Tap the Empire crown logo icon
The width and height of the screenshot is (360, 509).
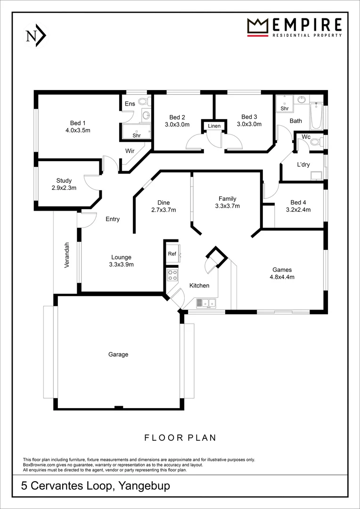257,27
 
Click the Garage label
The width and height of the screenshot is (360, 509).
118,354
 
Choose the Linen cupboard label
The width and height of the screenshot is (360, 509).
214,126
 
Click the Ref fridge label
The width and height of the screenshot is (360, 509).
172,254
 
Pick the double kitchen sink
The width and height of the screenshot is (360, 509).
205,303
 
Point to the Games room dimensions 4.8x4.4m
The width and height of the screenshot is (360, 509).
283,277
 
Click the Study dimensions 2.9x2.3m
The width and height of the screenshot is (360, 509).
64,187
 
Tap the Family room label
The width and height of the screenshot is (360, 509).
227,198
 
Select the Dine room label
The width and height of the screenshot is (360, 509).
164,203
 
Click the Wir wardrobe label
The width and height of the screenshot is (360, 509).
131,151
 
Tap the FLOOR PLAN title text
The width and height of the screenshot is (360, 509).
180,438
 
